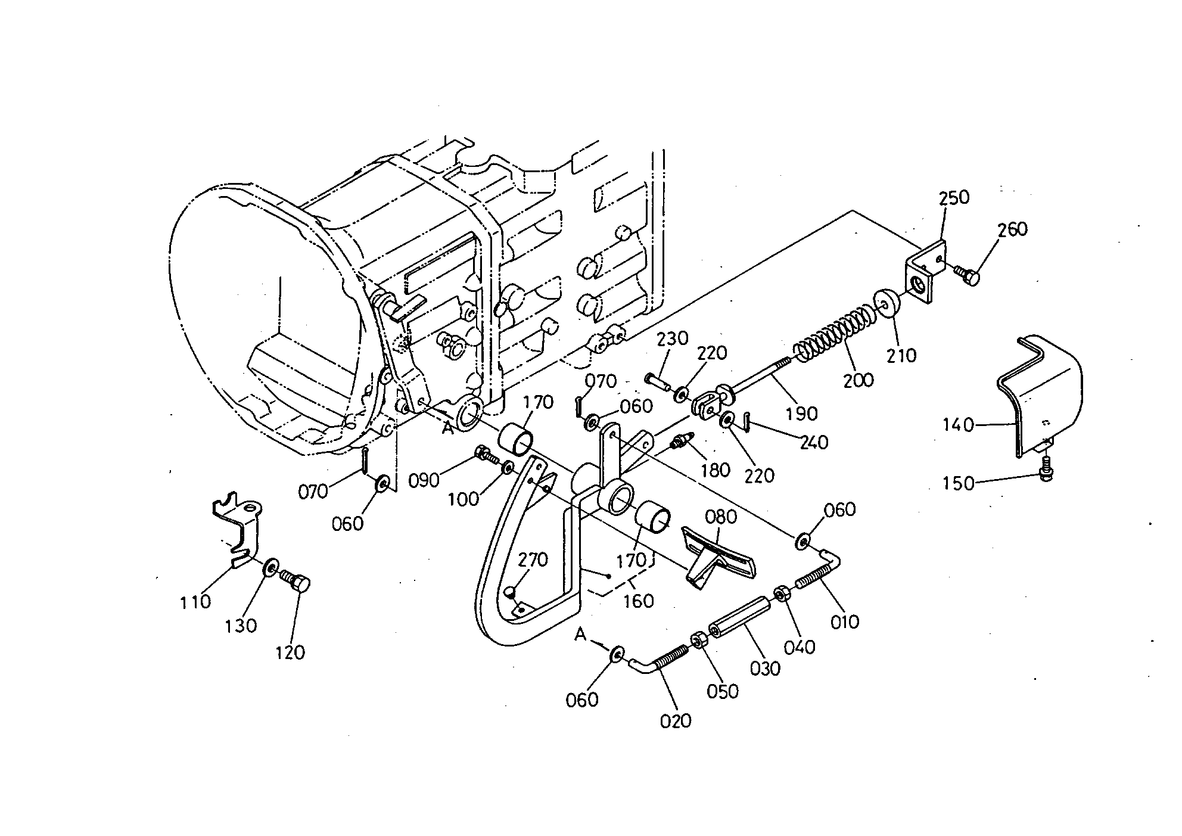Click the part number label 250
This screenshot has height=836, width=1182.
954,198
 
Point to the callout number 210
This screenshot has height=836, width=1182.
901,356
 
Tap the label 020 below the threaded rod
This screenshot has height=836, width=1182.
676,720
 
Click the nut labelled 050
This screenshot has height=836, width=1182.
698,641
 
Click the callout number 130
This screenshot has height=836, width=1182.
241,626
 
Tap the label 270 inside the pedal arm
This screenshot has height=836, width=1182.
533,560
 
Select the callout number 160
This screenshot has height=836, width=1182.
638,601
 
